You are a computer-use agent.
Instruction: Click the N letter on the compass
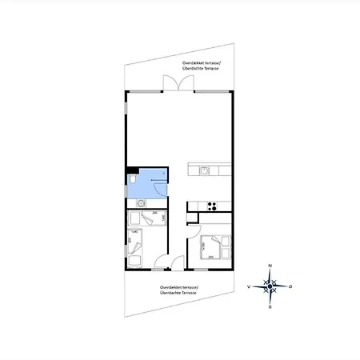(270, 265)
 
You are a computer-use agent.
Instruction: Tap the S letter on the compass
(270, 306)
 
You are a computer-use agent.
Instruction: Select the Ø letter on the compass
(290, 286)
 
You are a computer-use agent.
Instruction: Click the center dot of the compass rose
(270, 286)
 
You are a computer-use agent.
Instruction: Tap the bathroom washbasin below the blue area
(141, 203)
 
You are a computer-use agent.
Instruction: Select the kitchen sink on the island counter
(205, 170)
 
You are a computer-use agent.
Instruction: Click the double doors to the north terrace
(173, 84)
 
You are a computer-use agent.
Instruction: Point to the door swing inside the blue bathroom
(158, 184)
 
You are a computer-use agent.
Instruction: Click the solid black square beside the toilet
(130, 171)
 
